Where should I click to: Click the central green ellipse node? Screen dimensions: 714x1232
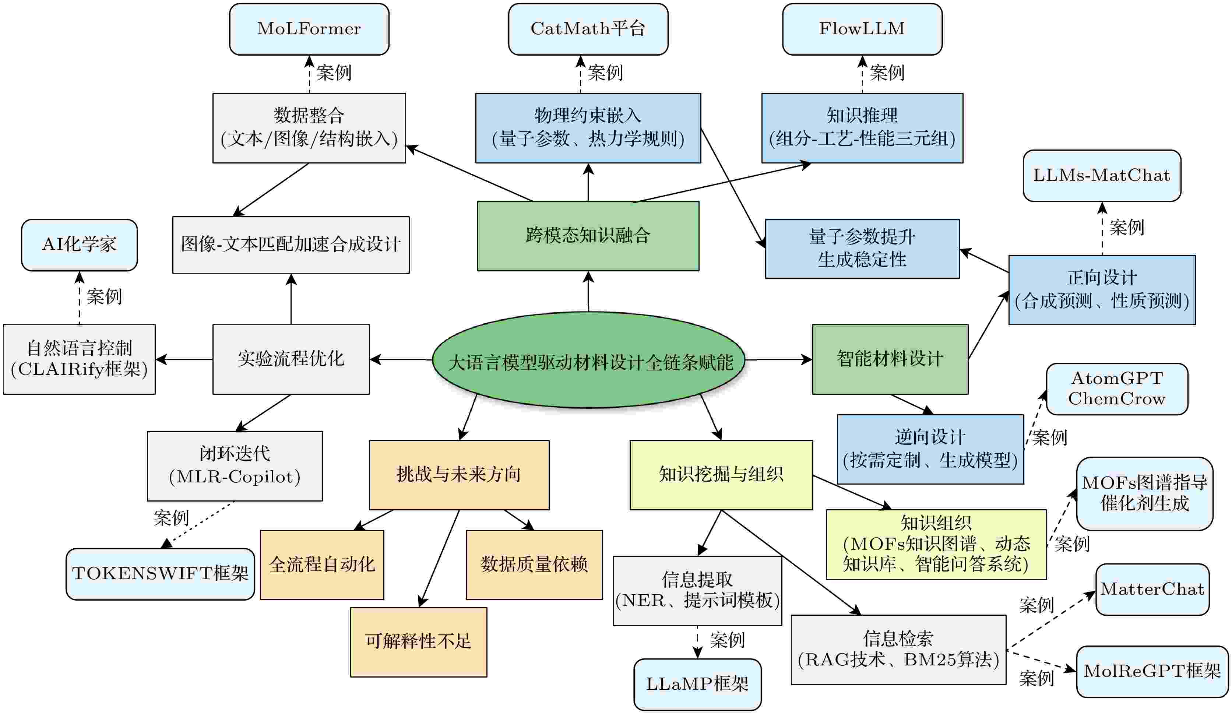point(589,360)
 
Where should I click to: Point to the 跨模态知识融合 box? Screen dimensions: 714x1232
point(588,236)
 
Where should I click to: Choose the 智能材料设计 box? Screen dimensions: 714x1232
point(890,359)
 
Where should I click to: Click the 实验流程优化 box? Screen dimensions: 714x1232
point(291,359)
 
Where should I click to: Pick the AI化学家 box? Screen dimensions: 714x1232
point(79,245)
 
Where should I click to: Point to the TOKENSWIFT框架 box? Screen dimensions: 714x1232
point(161,574)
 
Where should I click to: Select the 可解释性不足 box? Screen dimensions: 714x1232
point(419,641)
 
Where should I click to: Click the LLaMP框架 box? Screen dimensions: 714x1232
point(697,685)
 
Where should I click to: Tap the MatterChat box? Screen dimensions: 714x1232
point(1152,590)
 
